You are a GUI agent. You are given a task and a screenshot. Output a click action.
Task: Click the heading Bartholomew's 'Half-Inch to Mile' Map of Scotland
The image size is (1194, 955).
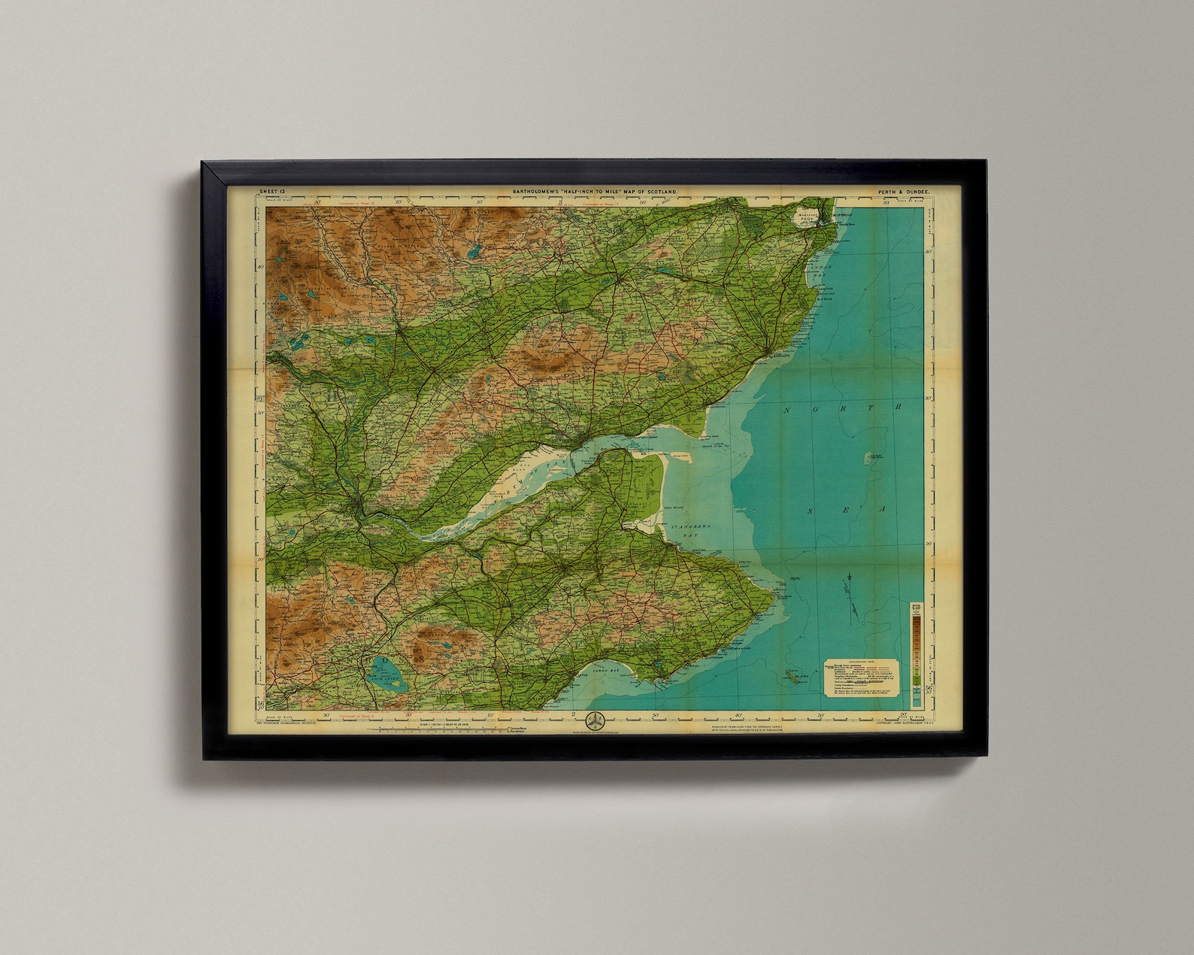tap(595, 193)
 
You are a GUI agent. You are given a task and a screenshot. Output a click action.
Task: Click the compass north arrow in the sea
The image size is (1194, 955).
tap(848, 580)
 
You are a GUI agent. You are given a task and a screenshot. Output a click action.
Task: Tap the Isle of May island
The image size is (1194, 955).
tap(789, 672)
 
